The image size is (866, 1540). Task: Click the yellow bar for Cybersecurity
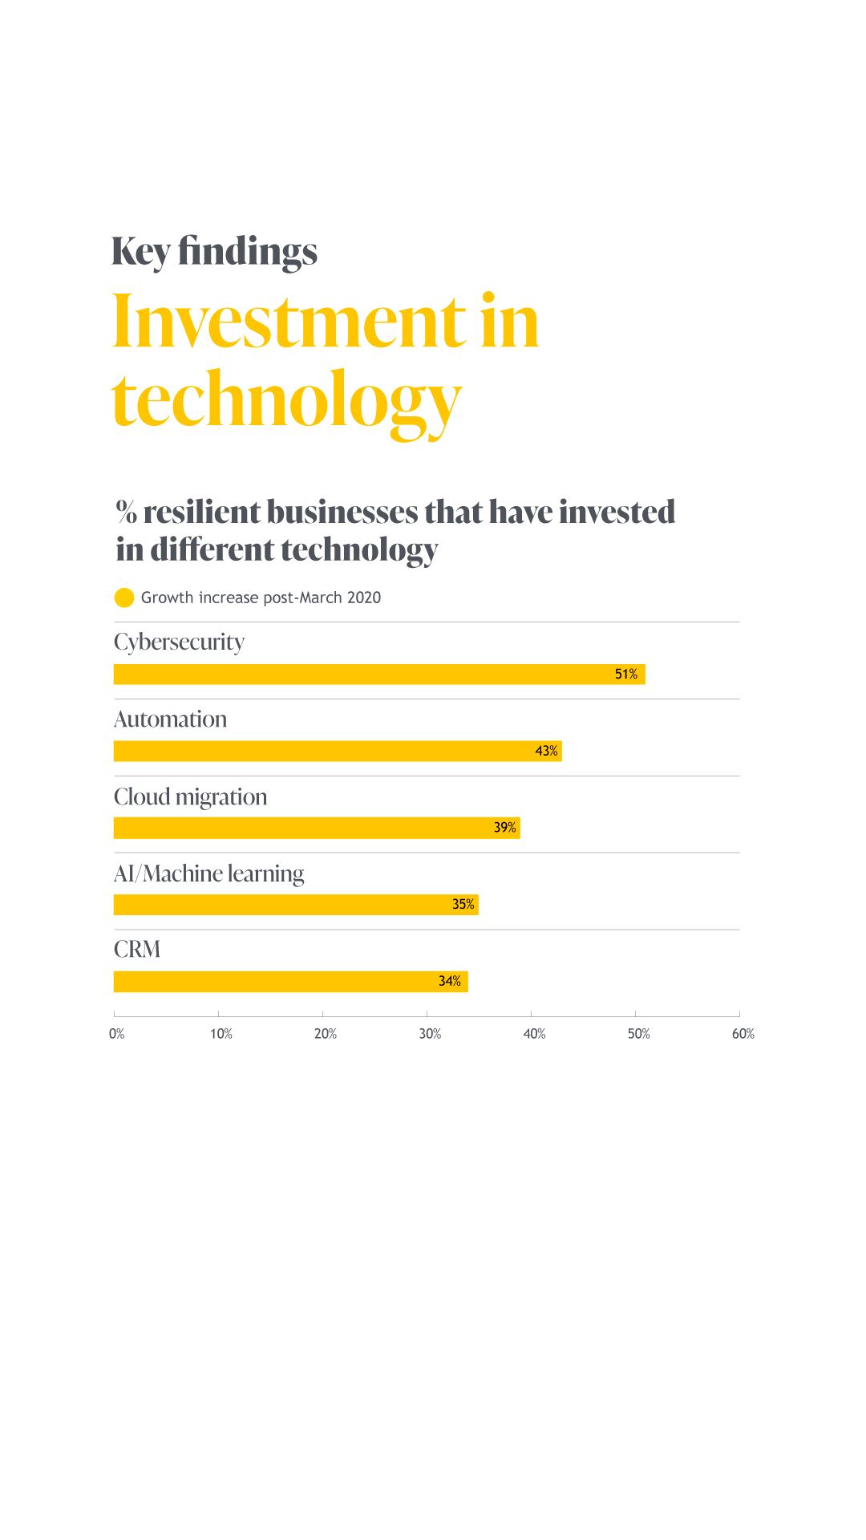[x=378, y=675]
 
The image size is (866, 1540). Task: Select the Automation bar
[x=337, y=752]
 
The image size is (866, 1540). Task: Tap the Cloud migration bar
[x=316, y=828]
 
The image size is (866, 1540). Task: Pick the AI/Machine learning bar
[x=295, y=905]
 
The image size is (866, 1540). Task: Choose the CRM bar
[x=290, y=982]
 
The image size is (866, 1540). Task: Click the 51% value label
[x=626, y=675]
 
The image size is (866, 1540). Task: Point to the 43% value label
[x=546, y=752]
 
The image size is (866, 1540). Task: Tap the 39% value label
[x=504, y=828]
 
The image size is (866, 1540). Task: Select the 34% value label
[x=449, y=982]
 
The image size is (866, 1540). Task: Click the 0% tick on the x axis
[x=117, y=1034]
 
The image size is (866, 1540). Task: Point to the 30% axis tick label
[x=430, y=1034]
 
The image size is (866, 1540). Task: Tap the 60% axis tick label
[x=743, y=1034]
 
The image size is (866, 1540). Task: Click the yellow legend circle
[x=124, y=598]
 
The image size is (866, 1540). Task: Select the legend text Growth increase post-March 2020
[x=261, y=598]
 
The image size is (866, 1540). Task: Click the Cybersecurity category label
[x=179, y=642]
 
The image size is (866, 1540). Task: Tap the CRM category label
[x=137, y=950]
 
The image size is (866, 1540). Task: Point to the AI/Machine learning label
[x=208, y=873]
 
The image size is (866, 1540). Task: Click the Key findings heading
[x=214, y=252]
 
